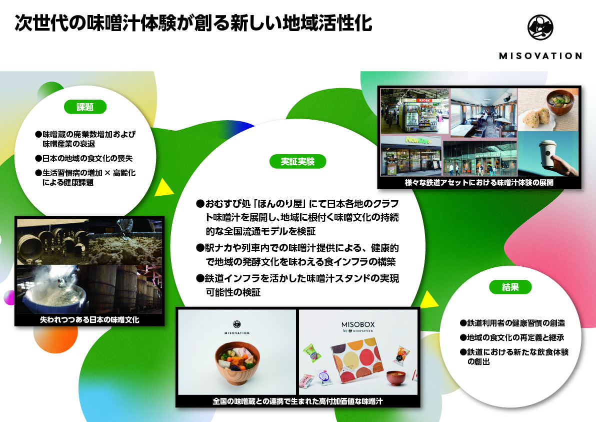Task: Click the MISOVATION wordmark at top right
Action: coord(540,56)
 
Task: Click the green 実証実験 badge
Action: coord(297,161)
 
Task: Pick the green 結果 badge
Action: coord(510,287)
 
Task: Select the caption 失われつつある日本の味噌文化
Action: coord(89,319)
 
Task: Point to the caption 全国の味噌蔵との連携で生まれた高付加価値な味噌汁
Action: coord(298,401)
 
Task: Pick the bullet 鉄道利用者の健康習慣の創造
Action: coord(512,323)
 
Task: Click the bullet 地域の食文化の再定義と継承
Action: coord(512,337)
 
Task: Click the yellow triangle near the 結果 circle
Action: coord(428,299)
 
